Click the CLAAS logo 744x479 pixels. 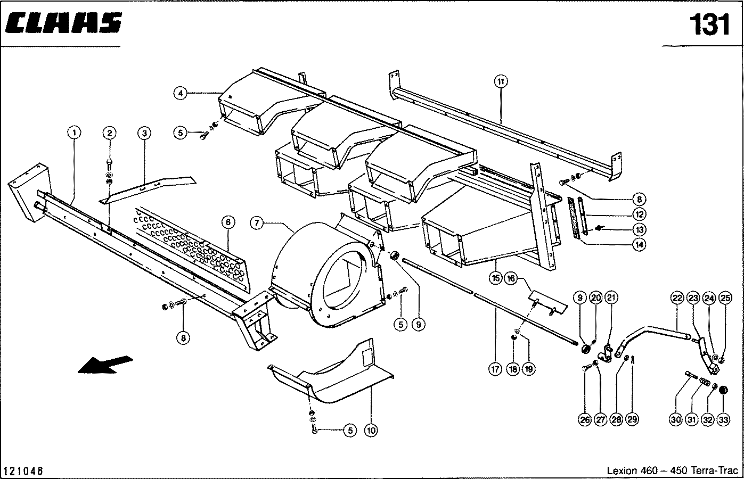click(63, 23)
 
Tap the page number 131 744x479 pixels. click(709, 24)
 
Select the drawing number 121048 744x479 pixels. click(23, 471)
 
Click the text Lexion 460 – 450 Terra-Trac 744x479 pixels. click(673, 470)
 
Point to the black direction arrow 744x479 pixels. click(105, 365)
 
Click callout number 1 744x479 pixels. click(74, 133)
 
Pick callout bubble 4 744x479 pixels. click(181, 93)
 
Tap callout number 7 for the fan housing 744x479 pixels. click(257, 223)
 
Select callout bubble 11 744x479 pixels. click(501, 81)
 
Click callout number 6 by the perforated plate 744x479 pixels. click(228, 222)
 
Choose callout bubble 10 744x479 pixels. click(371, 431)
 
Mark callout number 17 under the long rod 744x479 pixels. click(495, 369)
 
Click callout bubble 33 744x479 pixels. click(723, 420)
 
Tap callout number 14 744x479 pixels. click(640, 245)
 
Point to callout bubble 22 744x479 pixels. click(677, 298)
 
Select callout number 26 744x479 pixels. click(585, 420)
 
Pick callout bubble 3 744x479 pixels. click(144, 134)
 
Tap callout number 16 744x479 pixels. click(511, 278)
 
